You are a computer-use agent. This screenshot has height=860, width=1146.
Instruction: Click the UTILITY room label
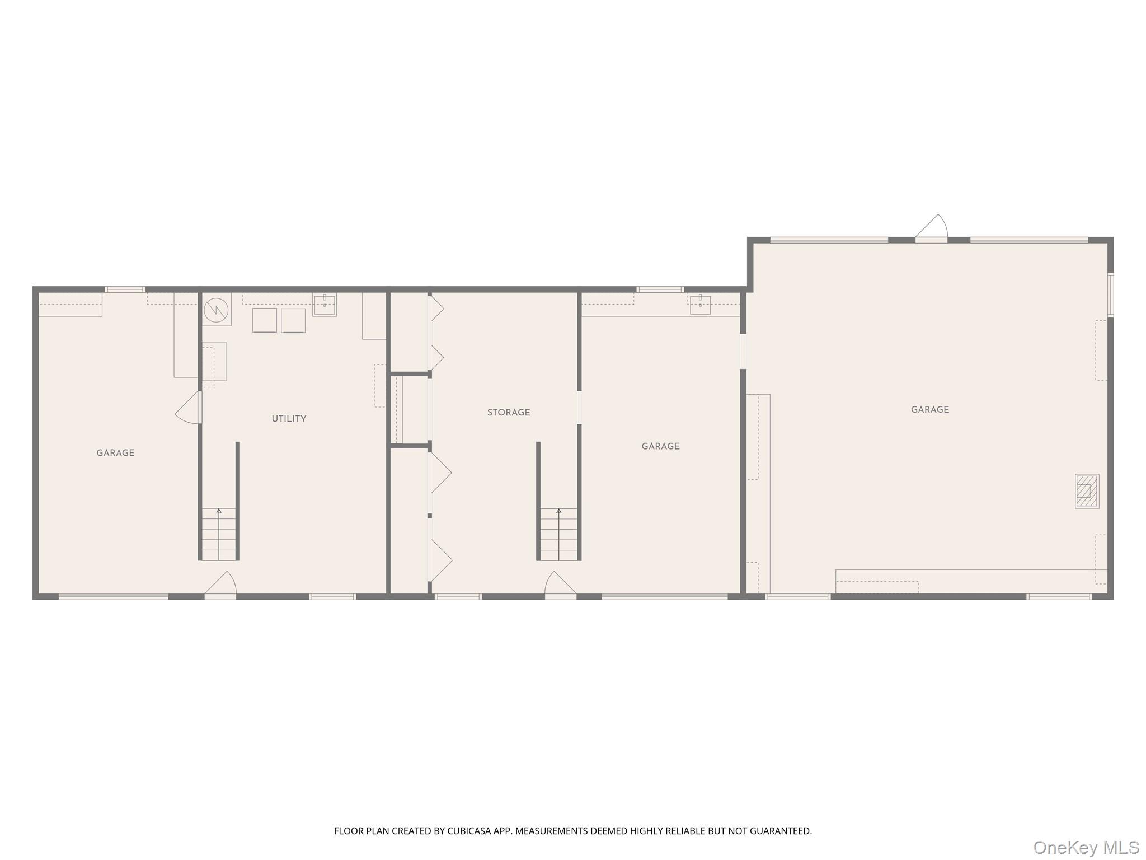pos(289,419)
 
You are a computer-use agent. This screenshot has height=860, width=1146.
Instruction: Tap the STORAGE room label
pos(508,413)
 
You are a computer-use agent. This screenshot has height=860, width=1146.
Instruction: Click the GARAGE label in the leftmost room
pos(115,453)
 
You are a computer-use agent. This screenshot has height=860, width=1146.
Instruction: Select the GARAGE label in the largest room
pos(929,410)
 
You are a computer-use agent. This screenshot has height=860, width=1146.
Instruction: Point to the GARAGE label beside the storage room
pos(660,446)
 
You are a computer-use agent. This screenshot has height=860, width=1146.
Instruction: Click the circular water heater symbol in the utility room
pos(216,309)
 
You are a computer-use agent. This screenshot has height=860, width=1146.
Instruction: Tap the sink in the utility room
pos(325,305)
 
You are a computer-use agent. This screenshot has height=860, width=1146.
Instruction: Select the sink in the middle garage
pos(700,305)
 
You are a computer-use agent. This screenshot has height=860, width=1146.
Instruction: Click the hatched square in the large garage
pos(1087,491)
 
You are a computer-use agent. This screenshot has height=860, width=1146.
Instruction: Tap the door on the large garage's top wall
pos(931,230)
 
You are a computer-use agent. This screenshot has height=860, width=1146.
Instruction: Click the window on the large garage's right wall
pos(1110,295)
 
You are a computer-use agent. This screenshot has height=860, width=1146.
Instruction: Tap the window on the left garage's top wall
pos(125,289)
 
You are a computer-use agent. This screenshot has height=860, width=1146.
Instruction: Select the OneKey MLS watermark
pos(1086,847)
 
